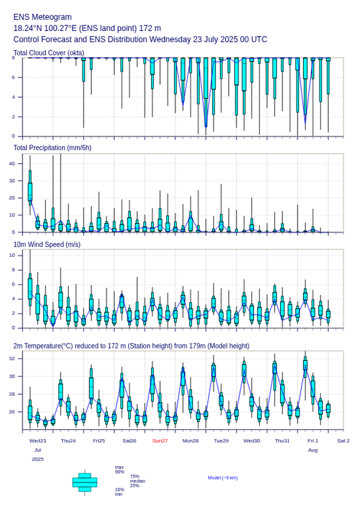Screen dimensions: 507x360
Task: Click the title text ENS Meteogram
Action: pyautogui.click(x=42, y=17)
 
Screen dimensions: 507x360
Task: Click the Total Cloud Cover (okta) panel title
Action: pyautogui.click(x=48, y=53)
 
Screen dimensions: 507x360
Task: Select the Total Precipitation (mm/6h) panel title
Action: pyautogui.click(x=53, y=147)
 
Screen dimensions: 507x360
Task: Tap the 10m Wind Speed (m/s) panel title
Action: pyautogui.click(x=47, y=244)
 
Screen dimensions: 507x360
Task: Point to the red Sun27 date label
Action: pyautogui.click(x=160, y=441)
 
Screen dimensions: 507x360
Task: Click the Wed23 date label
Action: pyautogui.click(x=38, y=441)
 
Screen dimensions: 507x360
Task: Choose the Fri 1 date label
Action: pyautogui.click(x=313, y=441)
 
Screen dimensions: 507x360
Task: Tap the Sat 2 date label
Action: pyautogui.click(x=343, y=441)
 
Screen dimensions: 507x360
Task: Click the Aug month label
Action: pyautogui.click(x=313, y=450)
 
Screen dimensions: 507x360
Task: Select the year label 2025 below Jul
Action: pyautogui.click(x=38, y=459)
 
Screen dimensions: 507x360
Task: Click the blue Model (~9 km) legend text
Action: pyautogui.click(x=223, y=478)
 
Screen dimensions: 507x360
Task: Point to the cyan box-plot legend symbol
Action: pyautogui.click(x=84, y=482)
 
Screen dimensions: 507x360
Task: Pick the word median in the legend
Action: pyautogui.click(x=137, y=481)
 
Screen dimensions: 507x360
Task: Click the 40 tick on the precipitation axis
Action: pyautogui.click(x=17, y=163)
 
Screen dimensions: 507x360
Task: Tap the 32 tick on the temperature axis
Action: pyautogui.click(x=17, y=359)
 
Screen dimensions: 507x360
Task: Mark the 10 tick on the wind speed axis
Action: pyautogui.click(x=17, y=255)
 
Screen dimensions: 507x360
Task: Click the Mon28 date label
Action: pyautogui.click(x=191, y=441)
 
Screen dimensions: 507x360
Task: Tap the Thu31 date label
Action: pyautogui.click(x=282, y=441)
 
